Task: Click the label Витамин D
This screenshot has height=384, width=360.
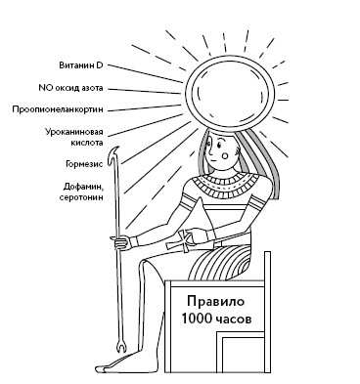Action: (x=79, y=65)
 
